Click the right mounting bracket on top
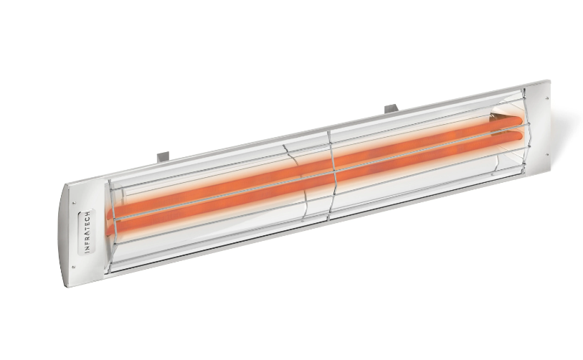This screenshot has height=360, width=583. point(391,109)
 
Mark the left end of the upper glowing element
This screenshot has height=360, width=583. point(113,212)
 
